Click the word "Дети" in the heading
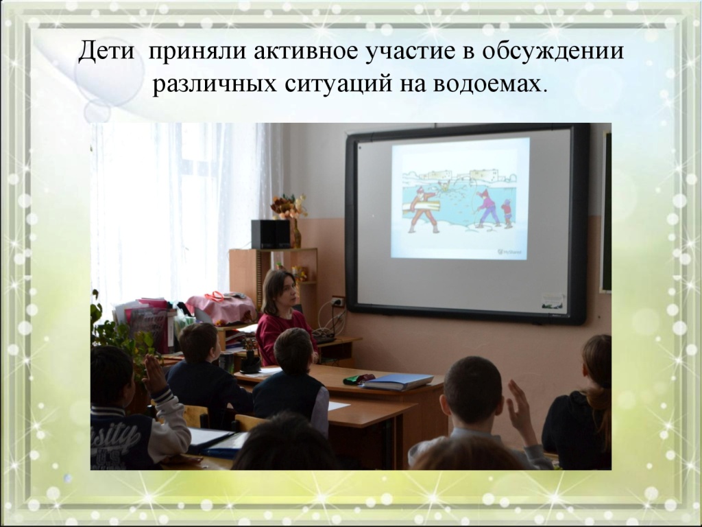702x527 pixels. tap(106, 51)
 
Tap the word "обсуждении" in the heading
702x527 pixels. tap(553, 51)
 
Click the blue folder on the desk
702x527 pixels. tap(397, 382)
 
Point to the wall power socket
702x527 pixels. tap(338, 302)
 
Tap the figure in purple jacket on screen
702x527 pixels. tap(487, 208)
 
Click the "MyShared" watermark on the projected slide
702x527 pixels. tap(509, 252)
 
